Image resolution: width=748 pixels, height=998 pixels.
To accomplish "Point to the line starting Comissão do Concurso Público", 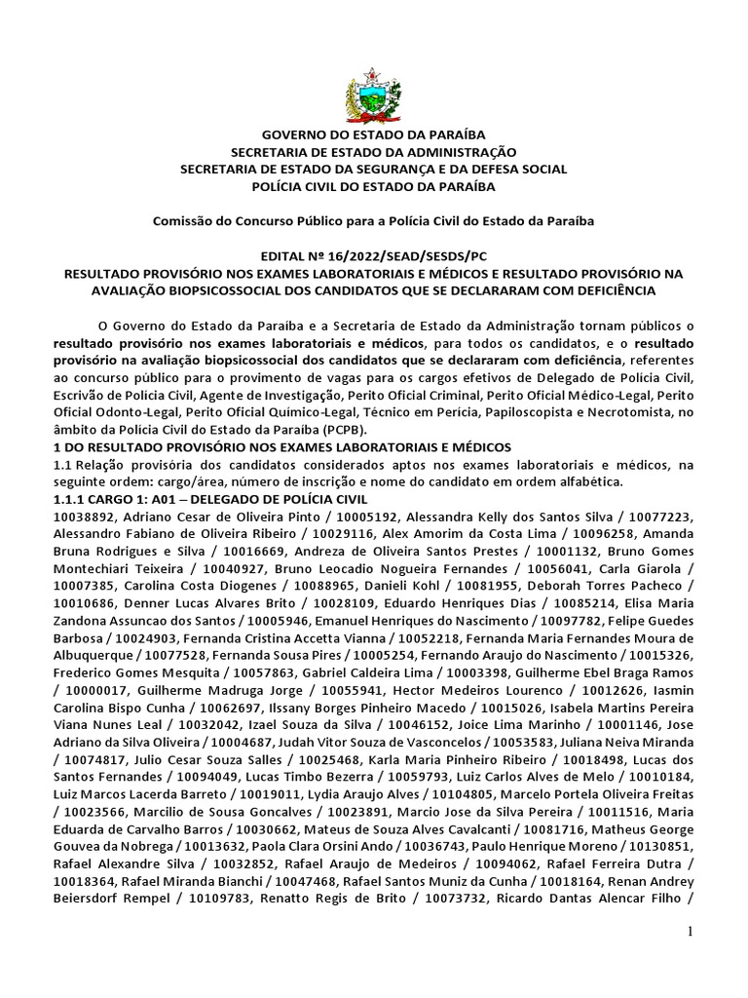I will pyautogui.click(x=373, y=221).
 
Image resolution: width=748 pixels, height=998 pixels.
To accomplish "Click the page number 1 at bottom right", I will pyautogui.click(x=691, y=933).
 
